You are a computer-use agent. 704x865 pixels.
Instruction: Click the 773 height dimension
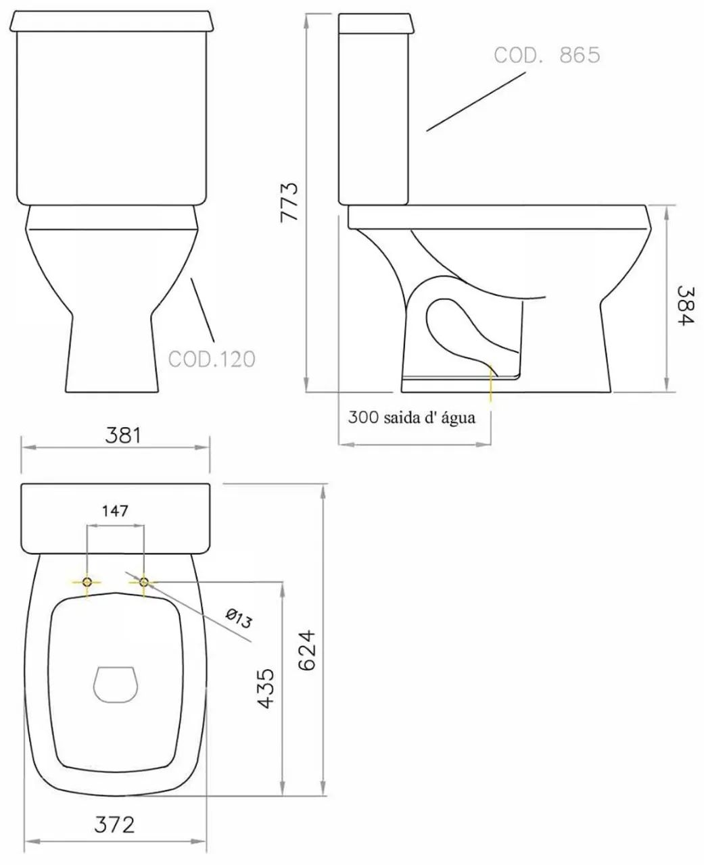click(289, 201)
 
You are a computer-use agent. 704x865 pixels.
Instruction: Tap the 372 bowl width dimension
click(114, 824)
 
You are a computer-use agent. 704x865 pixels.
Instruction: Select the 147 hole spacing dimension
click(114, 511)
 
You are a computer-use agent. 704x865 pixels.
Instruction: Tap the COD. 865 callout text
click(546, 55)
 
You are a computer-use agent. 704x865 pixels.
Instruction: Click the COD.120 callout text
click(212, 359)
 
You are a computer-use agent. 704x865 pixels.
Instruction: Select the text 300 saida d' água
click(411, 418)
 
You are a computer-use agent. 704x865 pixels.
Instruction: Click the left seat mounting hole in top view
click(87, 582)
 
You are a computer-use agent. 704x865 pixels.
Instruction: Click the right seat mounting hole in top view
click(144, 582)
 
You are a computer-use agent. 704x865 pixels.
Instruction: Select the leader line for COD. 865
click(475, 101)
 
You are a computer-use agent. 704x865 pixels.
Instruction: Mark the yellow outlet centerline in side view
click(492, 385)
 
